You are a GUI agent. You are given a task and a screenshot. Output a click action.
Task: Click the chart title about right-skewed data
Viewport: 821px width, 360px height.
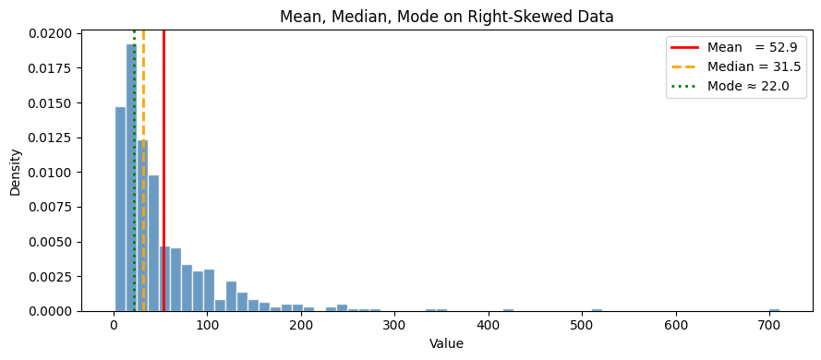[447, 17]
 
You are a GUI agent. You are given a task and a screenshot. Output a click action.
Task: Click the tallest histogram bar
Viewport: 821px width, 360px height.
[130, 185]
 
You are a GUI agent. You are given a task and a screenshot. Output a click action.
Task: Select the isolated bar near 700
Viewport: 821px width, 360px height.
[774, 310]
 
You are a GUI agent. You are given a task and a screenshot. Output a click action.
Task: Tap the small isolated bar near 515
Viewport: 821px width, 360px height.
[597, 310]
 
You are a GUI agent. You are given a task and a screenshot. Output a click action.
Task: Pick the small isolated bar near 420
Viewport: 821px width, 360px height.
[508, 310]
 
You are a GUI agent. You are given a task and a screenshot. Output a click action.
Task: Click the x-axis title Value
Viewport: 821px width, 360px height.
[447, 344]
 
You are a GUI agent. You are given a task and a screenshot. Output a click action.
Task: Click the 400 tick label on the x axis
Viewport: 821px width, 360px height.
[489, 325]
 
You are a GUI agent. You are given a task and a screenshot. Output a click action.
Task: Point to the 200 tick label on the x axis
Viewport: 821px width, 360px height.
[301, 325]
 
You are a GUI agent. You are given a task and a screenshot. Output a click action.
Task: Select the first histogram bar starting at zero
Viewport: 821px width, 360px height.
[120, 212]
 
